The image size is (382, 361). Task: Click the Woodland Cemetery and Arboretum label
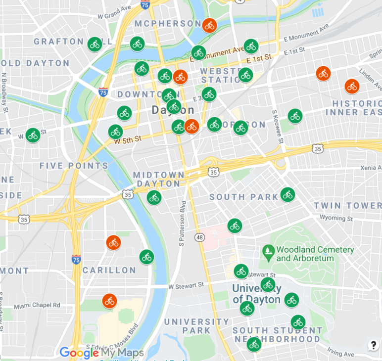[315, 254]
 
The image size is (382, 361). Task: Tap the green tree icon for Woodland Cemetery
[268, 251]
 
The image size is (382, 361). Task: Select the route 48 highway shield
[199, 238]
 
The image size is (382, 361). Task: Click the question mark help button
[373, 346]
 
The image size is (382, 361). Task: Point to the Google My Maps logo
[101, 353]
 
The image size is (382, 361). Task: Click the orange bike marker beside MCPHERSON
[209, 25]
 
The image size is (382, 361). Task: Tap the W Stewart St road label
[186, 285]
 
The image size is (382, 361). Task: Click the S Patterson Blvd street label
[182, 223]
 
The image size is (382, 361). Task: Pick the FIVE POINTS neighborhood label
[74, 166]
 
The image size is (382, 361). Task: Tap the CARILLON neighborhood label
[109, 270]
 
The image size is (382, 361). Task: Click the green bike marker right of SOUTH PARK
[287, 194]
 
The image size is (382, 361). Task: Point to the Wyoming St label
[336, 218]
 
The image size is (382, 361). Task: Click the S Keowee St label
[278, 127]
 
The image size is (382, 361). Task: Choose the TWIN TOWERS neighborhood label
[347, 205]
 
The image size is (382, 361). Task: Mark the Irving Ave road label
[340, 354]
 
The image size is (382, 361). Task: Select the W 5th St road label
[128, 140]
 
